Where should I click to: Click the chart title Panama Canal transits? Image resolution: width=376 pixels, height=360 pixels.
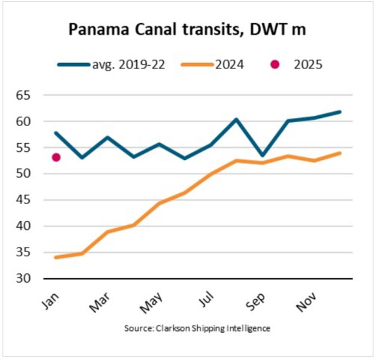[x=188, y=31]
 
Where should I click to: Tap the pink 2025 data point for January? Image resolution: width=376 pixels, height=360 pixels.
[x=56, y=157]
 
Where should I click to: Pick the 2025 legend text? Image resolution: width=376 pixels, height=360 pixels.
[x=308, y=64]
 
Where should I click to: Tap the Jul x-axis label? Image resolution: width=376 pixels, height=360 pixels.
[x=205, y=300]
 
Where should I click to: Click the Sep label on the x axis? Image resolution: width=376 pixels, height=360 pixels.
[x=255, y=301]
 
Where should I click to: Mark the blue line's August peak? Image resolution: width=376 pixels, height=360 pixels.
[x=236, y=119]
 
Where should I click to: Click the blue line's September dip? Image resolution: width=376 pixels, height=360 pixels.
[x=262, y=155]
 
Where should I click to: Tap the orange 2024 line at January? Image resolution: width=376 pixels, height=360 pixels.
[x=56, y=257]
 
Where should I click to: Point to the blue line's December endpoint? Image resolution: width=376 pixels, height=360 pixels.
[x=339, y=112]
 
